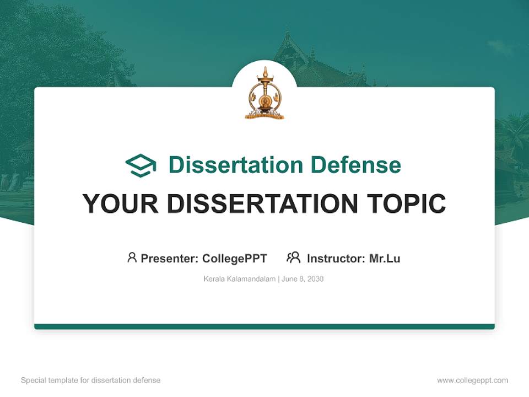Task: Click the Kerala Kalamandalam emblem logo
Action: (x=264, y=93)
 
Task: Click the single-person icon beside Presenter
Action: (x=132, y=257)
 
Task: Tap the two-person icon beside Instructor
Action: (x=294, y=257)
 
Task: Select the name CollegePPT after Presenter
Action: (x=234, y=258)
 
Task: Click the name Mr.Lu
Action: (x=385, y=258)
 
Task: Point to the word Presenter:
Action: (x=170, y=258)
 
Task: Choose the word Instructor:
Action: (x=336, y=258)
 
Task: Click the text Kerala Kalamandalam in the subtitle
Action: (x=240, y=279)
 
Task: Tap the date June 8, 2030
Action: (x=303, y=279)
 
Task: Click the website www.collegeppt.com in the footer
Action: (x=472, y=380)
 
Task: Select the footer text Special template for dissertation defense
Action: (x=91, y=380)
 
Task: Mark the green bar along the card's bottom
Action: (x=264, y=326)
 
